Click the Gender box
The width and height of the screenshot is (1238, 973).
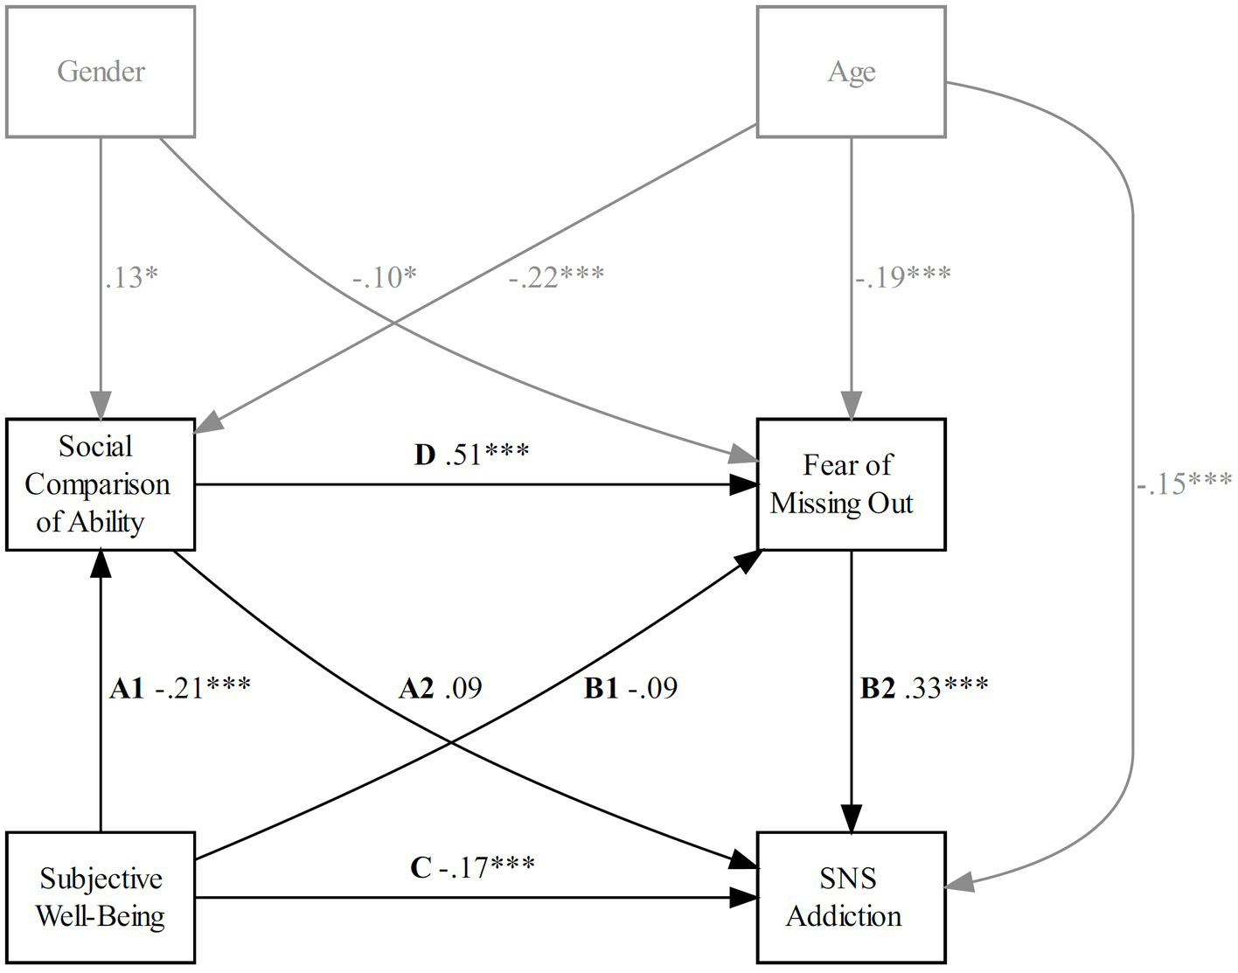point(101,72)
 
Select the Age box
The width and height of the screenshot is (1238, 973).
point(851,72)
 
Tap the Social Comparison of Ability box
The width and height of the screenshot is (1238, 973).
point(101,484)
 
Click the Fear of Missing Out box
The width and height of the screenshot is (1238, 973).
point(851,484)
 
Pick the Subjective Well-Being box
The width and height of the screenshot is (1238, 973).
point(101,897)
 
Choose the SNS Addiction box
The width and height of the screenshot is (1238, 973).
point(851,897)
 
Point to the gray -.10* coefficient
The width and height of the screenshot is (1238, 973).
point(384,277)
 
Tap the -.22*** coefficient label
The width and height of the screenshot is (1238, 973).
point(556,277)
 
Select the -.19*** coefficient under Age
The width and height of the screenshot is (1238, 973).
point(903,277)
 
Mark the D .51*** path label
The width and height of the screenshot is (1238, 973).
point(471,455)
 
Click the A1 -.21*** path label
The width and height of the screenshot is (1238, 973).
point(180,689)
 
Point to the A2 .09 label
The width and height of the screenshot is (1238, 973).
point(440,689)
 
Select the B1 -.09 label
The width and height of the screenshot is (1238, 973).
point(630,689)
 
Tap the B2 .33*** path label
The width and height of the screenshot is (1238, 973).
point(924,689)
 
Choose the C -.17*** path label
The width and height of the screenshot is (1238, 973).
point(472,867)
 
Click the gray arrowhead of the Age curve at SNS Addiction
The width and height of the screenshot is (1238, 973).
point(958,885)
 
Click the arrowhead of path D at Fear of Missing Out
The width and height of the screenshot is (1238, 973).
point(744,484)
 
